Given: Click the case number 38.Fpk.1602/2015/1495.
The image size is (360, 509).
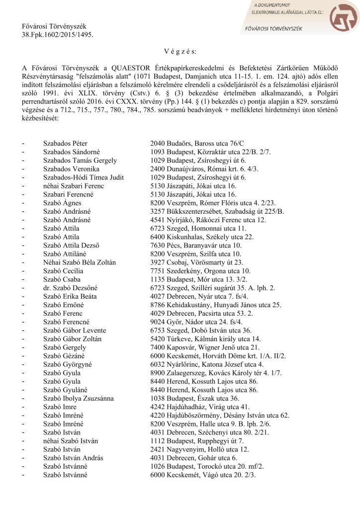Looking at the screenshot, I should click(x=57, y=35).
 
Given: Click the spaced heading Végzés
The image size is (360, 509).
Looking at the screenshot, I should click(x=180, y=52).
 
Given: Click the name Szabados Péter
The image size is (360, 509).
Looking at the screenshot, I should click(x=65, y=143).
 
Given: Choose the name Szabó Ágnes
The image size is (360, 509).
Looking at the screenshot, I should click(x=62, y=202).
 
